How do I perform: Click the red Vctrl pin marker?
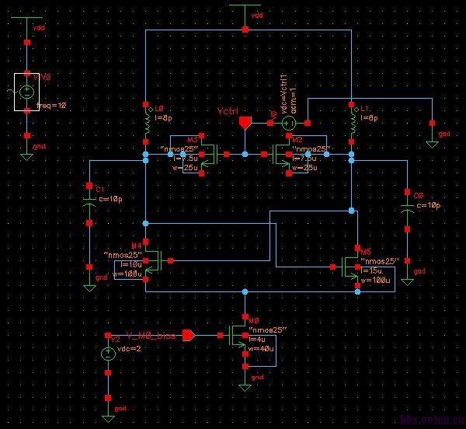pyautogui.click(x=245, y=123)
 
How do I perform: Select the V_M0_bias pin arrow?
pyautogui.click(x=187, y=336)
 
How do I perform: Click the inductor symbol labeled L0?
pyautogui.click(x=146, y=122)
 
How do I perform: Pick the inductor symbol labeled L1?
pyautogui.click(x=353, y=122)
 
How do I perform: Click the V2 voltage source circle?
pyautogui.click(x=108, y=354)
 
